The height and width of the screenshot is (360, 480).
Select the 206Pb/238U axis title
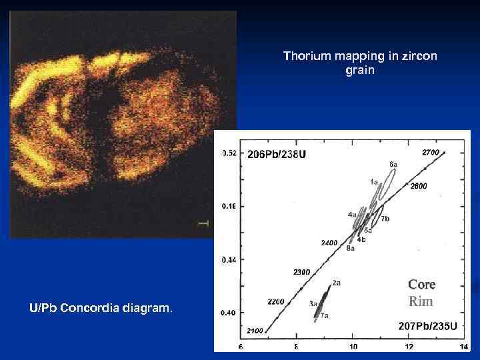pos(277,155)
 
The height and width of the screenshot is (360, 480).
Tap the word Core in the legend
pos(421,285)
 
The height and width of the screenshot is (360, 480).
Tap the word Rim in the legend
pos(421,301)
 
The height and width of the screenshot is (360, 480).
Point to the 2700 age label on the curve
pos(431,153)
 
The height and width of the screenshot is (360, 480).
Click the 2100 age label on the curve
pos(254,331)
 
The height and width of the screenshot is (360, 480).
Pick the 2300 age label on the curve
pos(302,272)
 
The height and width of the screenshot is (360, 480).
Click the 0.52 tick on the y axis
pos(229,153)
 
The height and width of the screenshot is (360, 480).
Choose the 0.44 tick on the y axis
pos(229,259)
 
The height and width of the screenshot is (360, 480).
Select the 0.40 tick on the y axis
pos(229,313)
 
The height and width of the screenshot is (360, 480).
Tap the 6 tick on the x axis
pos(241,347)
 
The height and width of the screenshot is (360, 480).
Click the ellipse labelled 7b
pos(382,215)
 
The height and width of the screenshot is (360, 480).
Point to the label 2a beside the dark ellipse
pos(337,283)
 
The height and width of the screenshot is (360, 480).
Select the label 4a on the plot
pos(351,215)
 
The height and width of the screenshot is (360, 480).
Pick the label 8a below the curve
pos(351,249)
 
